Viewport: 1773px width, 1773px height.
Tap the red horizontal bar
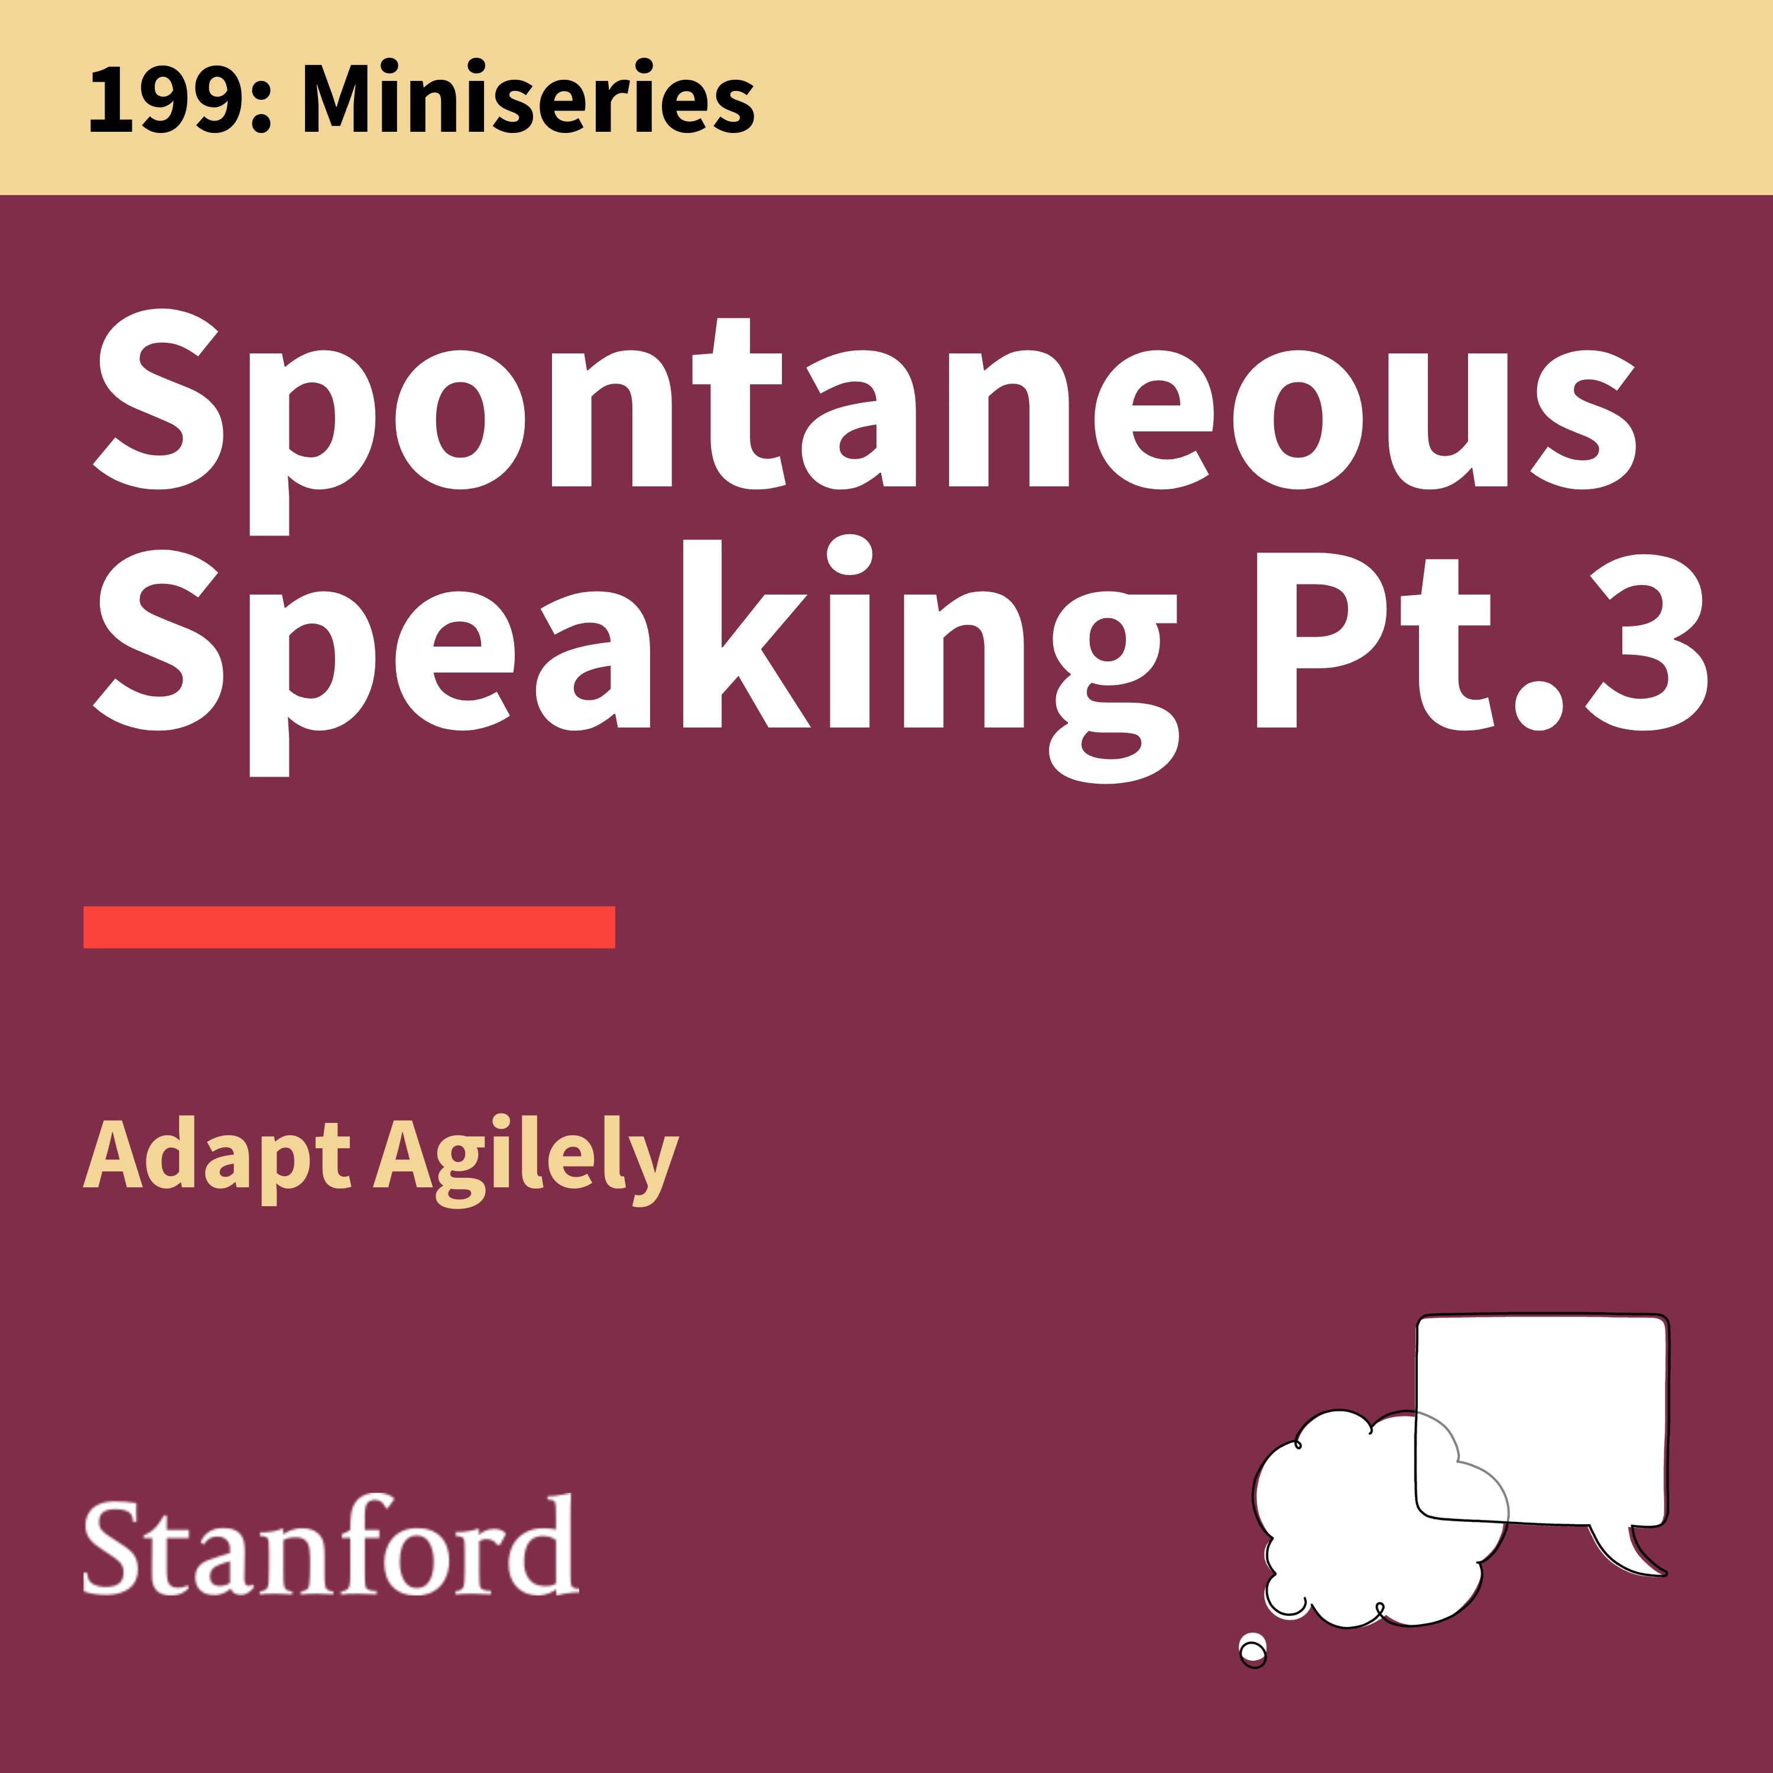click(x=349, y=927)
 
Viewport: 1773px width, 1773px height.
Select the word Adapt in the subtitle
click(x=216, y=1158)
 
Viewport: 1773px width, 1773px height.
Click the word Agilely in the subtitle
click(x=526, y=1161)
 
